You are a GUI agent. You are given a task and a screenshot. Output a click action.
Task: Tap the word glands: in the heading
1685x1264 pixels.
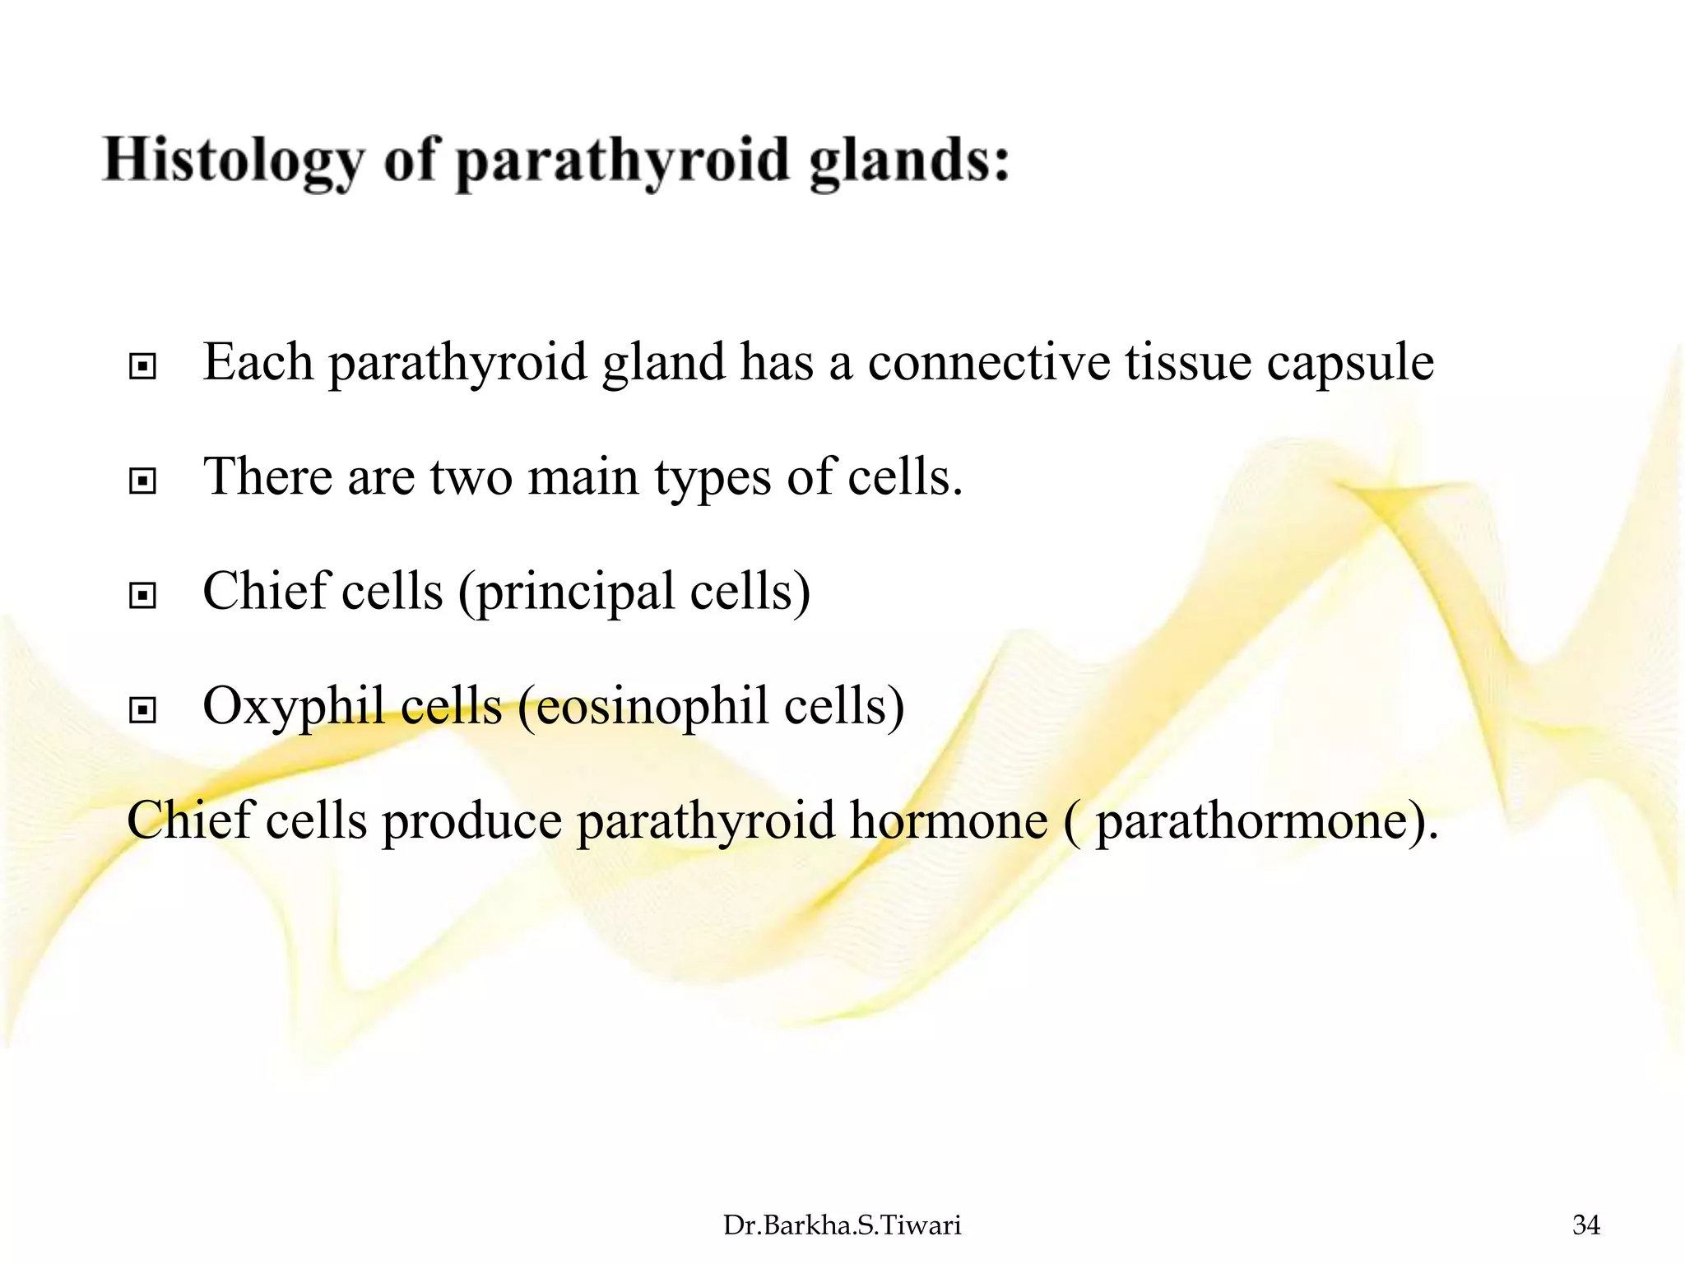pyautogui.click(x=909, y=160)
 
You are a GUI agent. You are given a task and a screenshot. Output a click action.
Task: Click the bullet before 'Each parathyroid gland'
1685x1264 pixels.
pyautogui.click(x=142, y=366)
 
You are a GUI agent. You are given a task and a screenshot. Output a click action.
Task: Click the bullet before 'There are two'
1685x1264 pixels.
pyautogui.click(x=142, y=481)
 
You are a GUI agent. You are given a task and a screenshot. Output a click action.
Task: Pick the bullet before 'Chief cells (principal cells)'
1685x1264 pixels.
pyautogui.click(x=142, y=595)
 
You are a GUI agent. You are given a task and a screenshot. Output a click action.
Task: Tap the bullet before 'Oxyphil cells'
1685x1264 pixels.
pyautogui.click(x=142, y=709)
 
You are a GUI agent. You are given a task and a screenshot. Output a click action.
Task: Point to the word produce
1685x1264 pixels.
pyautogui.click(x=471, y=821)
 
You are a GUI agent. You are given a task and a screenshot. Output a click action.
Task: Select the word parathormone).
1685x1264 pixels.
pyautogui.click(x=1267, y=821)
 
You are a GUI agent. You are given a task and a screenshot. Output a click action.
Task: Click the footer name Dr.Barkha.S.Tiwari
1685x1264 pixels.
pyautogui.click(x=842, y=1225)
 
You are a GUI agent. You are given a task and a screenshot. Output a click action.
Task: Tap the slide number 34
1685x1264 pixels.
pyautogui.click(x=1585, y=1225)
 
